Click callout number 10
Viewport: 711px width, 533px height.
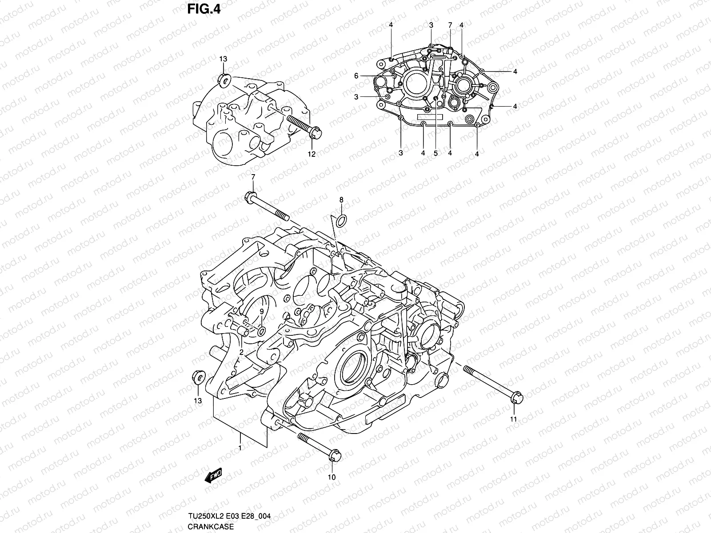tap(332, 477)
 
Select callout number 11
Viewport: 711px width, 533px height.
tap(513, 419)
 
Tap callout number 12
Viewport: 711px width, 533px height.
tap(312, 154)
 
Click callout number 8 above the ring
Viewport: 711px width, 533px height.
tap(341, 200)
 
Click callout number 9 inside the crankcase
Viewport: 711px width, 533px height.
tap(262, 311)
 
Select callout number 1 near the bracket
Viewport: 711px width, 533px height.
tap(240, 448)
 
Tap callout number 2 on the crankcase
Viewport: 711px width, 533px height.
tap(241, 352)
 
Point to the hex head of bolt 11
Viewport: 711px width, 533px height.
tap(517, 398)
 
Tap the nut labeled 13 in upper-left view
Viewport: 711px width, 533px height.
tap(236, 80)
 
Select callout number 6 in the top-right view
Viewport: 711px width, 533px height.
tap(368, 76)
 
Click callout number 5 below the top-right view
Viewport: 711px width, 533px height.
tap(435, 153)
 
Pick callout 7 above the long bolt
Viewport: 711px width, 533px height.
tap(252, 177)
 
